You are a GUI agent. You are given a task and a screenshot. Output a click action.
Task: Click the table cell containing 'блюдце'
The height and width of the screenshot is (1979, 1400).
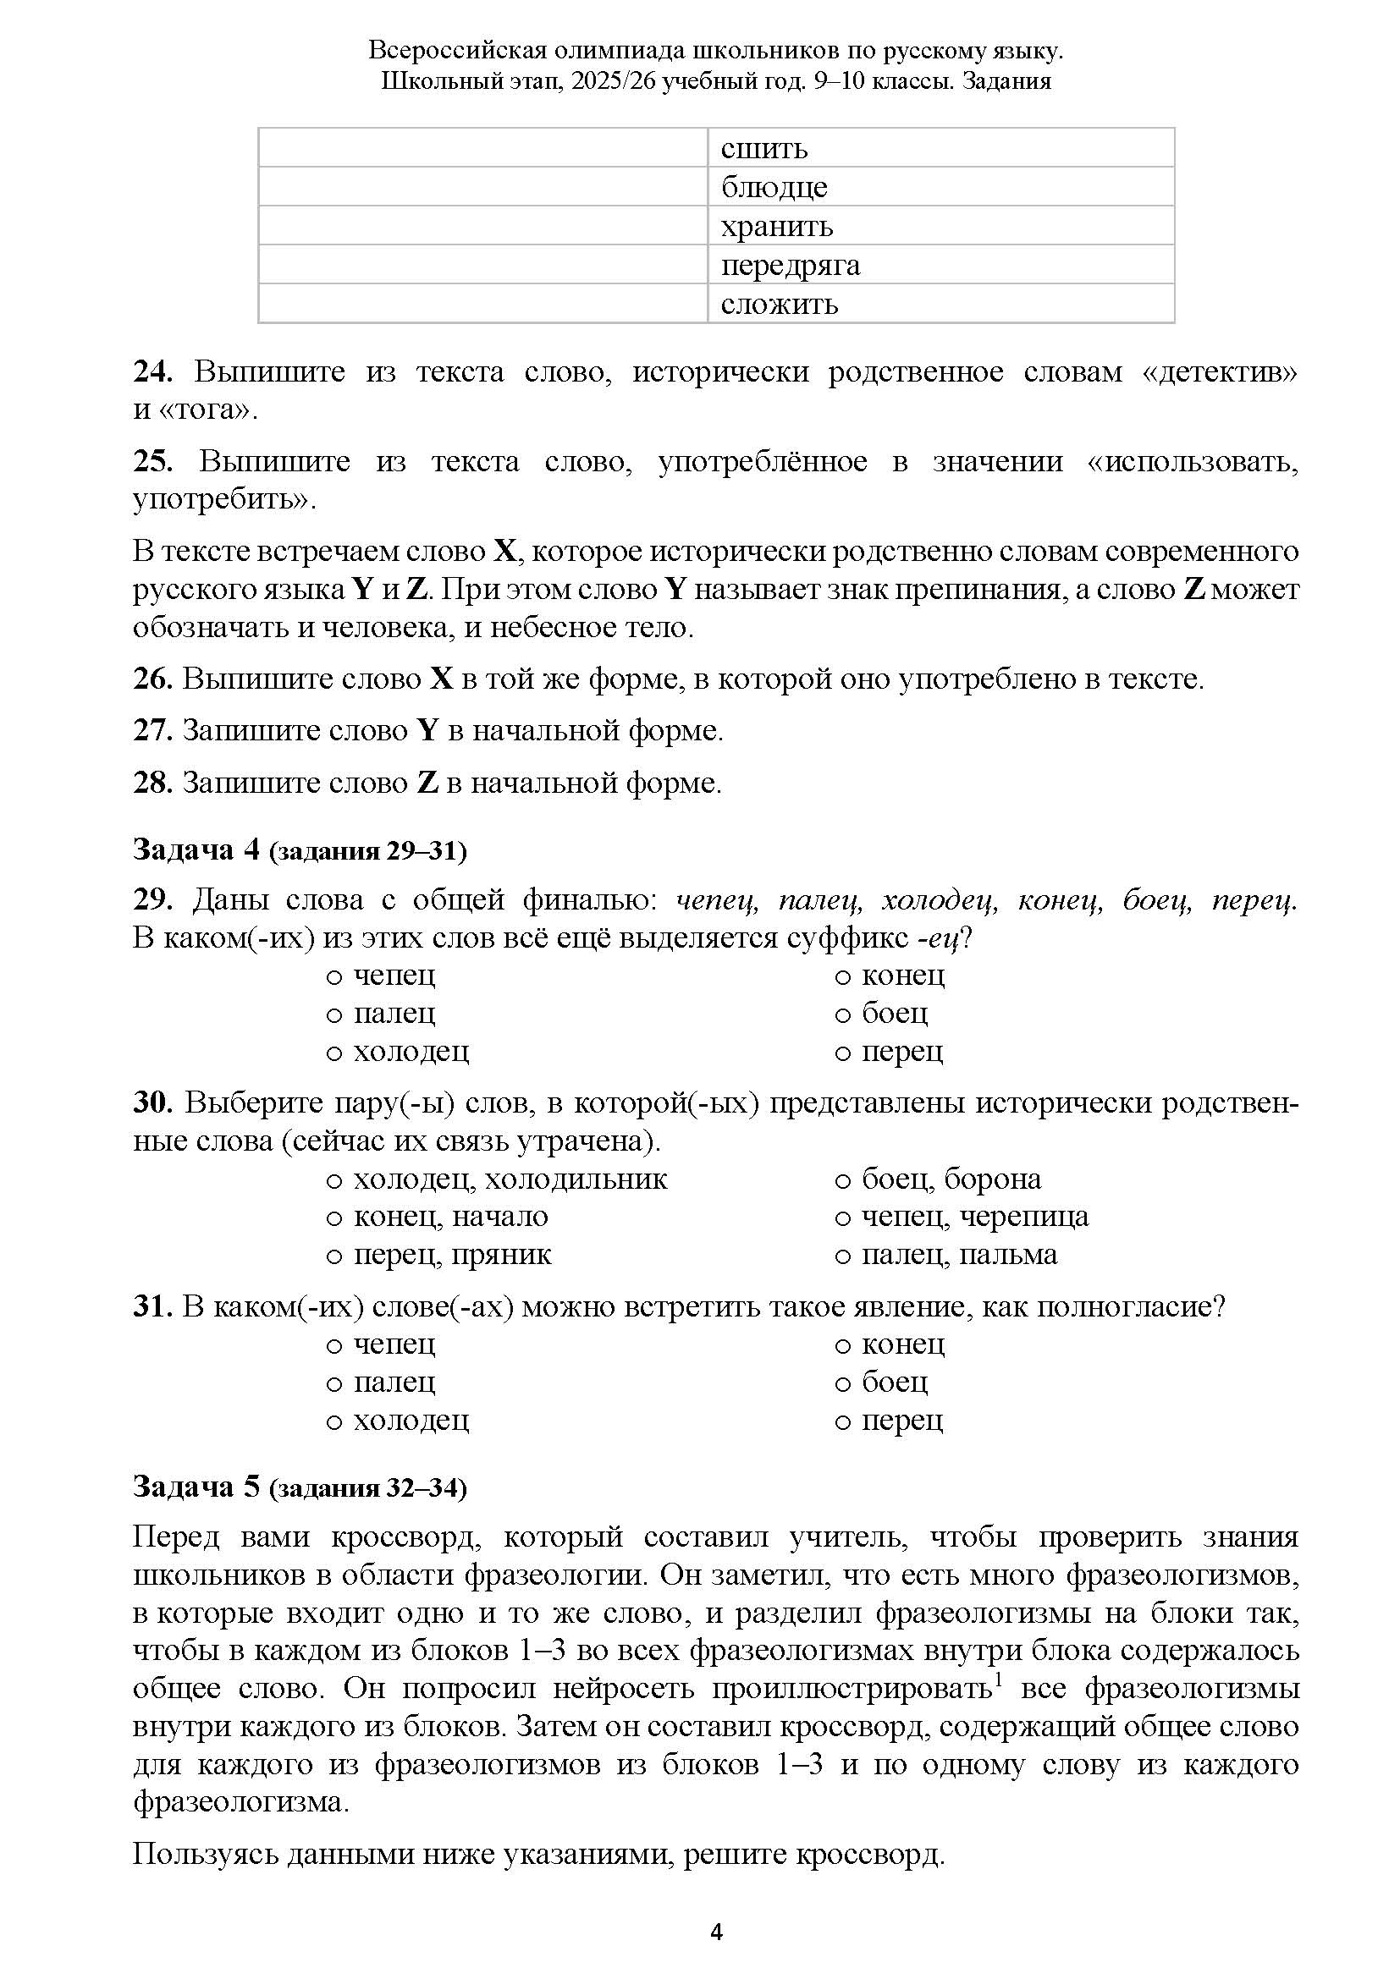point(940,186)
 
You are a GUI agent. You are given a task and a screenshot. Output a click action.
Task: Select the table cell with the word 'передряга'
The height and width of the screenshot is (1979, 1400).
point(940,265)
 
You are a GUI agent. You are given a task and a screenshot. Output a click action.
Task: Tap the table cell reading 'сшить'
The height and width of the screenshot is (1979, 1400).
point(940,148)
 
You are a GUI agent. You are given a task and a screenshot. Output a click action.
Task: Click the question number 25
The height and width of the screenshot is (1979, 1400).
point(152,461)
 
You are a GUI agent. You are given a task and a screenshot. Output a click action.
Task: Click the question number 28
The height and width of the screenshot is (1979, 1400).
point(152,783)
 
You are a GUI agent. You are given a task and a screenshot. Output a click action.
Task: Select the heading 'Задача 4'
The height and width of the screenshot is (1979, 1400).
point(196,849)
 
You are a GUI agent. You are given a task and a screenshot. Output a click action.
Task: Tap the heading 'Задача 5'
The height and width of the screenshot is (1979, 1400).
point(196,1487)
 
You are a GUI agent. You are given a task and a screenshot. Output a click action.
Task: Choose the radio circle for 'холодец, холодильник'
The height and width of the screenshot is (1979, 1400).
point(334,1180)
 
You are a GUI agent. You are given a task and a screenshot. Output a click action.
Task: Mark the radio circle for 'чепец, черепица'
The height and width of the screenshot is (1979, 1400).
point(843,1218)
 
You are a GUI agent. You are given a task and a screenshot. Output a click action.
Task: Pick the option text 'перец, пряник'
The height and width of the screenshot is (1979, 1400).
point(452,1255)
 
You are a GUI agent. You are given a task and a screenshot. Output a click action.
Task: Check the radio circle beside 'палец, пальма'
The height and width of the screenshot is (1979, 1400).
point(843,1256)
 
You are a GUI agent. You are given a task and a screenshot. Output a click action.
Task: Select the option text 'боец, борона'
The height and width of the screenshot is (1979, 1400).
point(951,1179)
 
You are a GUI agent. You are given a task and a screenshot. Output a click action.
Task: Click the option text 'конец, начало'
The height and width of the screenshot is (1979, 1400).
point(450,1216)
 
